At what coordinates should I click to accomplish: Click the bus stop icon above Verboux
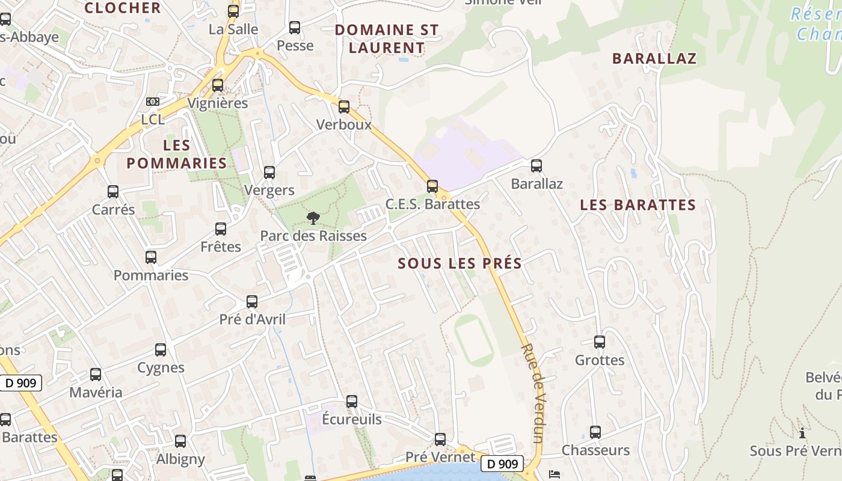pos(344,107)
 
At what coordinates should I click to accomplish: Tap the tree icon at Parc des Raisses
pos(313,218)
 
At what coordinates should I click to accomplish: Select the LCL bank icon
pos(153,102)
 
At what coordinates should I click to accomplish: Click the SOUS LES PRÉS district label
pos(459,263)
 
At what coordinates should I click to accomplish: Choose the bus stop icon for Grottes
pos(600,342)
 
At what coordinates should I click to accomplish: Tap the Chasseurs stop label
pos(595,450)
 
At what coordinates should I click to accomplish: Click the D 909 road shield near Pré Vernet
pos(502,464)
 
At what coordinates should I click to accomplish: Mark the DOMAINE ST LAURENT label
pos(387,38)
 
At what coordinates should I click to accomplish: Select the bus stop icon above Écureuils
pos(352,401)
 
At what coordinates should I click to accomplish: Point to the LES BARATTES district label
pos(638,205)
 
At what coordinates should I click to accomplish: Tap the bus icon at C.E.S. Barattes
pos(432,186)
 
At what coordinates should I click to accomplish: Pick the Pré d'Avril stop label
pos(253,319)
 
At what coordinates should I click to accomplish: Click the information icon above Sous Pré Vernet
pos(802,433)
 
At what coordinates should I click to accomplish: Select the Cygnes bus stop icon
pos(161,349)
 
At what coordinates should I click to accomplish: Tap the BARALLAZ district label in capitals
pos(654,58)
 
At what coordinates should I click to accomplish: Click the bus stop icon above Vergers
pos(269,173)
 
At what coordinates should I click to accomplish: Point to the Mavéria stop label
pos(96,393)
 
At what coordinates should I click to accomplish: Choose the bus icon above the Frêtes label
pos(221,229)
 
